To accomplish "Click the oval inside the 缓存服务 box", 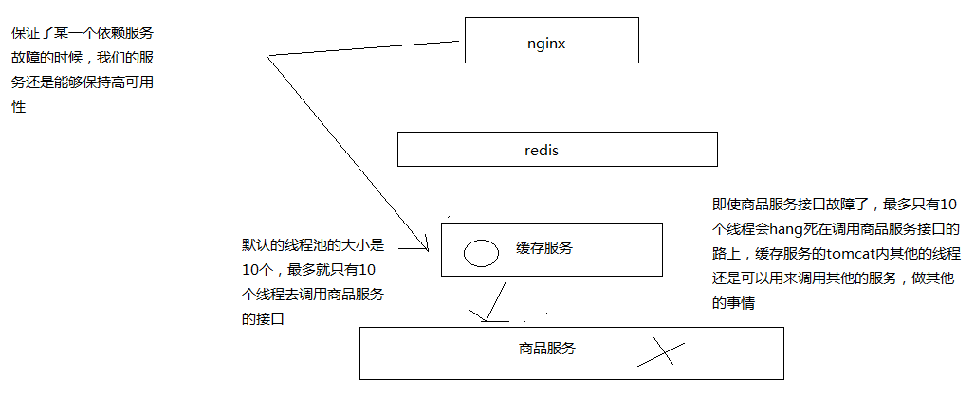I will point(480,252).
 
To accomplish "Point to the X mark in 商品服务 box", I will point(660,353).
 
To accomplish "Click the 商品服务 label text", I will point(547,348).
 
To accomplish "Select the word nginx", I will point(547,43).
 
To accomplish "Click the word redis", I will point(543,150).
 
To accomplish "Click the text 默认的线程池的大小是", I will point(312,245).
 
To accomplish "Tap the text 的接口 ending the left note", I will point(264,319).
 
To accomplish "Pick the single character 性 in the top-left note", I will point(18,107).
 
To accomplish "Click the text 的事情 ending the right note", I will point(732,303).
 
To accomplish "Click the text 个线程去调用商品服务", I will point(313,295).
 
